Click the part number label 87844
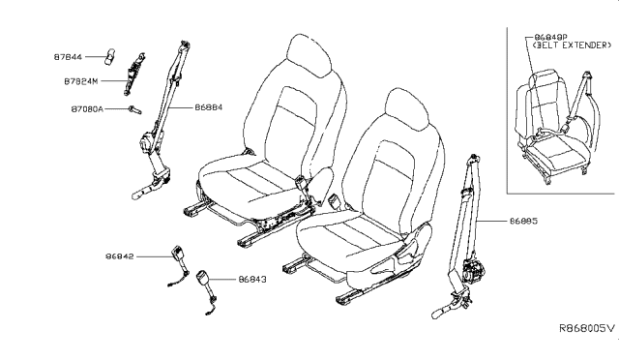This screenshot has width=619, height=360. click(68, 57)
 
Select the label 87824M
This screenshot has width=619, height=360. click(81, 81)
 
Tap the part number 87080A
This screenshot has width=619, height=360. click(87, 108)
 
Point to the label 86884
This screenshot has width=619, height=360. click(209, 107)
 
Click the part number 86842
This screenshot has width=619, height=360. click(120, 256)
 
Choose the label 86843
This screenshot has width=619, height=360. click(252, 280)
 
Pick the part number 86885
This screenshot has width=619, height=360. click(523, 221)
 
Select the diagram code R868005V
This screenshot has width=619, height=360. click(587, 328)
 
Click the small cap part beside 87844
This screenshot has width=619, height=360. click(110, 56)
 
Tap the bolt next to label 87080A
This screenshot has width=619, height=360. click(134, 110)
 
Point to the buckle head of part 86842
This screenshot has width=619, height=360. click(177, 253)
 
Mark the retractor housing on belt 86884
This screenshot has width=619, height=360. click(148, 143)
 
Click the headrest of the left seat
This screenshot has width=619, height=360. click(309, 55)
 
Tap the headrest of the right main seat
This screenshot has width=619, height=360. click(406, 109)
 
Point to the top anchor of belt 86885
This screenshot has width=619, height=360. click(473, 160)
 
